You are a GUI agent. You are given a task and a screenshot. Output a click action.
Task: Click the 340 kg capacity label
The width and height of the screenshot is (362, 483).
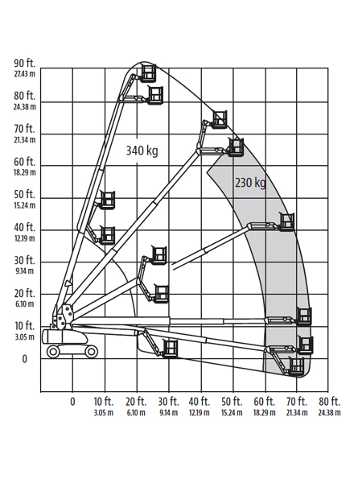pyautogui.click(x=142, y=151)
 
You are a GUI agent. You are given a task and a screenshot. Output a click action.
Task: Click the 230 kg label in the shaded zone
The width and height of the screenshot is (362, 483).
pyautogui.click(x=250, y=183)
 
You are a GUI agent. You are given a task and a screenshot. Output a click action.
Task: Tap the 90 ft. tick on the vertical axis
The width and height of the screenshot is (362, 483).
pyautogui.click(x=25, y=63)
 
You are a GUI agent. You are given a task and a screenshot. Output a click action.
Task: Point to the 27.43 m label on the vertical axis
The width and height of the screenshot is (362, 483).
pyautogui.click(x=25, y=74)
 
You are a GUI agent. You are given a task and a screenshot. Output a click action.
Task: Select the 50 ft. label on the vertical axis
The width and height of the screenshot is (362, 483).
pyautogui.click(x=25, y=194)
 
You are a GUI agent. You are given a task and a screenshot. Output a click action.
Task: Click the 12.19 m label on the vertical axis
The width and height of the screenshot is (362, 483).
pyautogui.click(x=25, y=238)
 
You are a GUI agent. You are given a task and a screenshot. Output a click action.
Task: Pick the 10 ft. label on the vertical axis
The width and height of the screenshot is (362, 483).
pyautogui.click(x=25, y=325)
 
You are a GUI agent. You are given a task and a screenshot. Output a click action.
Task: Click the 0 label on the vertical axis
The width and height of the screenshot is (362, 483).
pyautogui.click(x=25, y=359)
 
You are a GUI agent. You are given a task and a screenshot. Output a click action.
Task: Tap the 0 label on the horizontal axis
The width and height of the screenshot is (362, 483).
pyautogui.click(x=72, y=402)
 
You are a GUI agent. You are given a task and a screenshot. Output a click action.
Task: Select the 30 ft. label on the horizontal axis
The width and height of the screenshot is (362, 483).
pyautogui.click(x=169, y=402)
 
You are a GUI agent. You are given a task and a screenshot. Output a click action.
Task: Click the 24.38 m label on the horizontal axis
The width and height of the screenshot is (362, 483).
pyautogui.click(x=329, y=413)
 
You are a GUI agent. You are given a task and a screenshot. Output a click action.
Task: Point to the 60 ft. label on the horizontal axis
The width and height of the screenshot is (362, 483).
pyautogui.click(x=265, y=402)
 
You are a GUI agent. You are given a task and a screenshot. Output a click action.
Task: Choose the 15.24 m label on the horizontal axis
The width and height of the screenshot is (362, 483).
pyautogui.click(x=232, y=413)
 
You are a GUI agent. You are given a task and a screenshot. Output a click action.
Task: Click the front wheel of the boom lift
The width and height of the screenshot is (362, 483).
pyautogui.click(x=92, y=352)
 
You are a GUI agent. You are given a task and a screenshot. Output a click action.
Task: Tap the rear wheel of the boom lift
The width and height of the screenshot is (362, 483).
pyautogui.click(x=53, y=352)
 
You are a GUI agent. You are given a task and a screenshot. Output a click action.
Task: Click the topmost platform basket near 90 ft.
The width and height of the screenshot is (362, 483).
pyautogui.click(x=148, y=73)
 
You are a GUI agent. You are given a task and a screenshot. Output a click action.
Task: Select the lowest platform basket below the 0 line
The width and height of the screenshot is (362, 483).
pyautogui.click(x=297, y=366)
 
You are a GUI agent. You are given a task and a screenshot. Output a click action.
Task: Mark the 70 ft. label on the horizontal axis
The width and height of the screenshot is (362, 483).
pyautogui.click(x=297, y=402)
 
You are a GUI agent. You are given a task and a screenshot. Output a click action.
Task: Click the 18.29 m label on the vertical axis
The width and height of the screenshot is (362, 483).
pyautogui.click(x=25, y=172)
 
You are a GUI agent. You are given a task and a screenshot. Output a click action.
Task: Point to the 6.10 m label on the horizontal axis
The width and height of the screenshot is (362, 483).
pyautogui.click(x=136, y=413)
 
